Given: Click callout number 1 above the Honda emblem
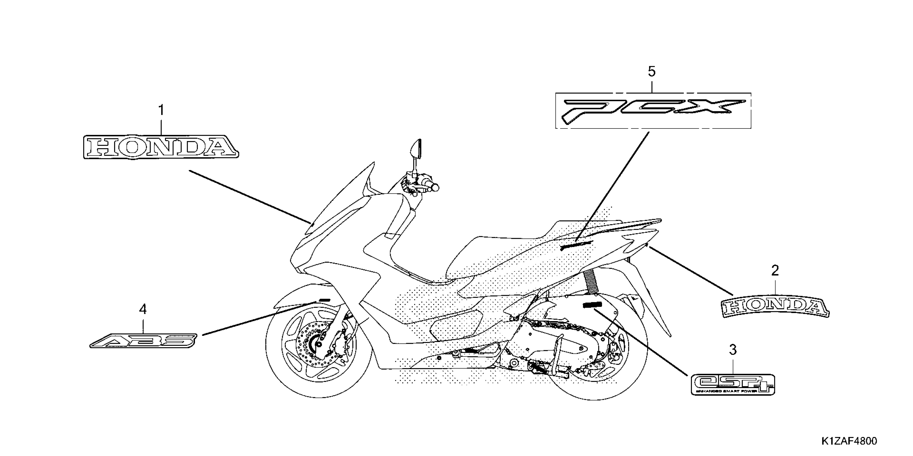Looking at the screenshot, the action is point(161,111).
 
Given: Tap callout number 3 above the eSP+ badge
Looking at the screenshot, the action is point(733,350).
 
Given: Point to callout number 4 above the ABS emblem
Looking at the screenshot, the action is point(143,310).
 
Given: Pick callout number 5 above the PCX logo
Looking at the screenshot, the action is point(651,72).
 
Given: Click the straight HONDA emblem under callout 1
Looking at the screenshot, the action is point(161,147).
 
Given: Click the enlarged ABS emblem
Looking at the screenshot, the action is point(143,341).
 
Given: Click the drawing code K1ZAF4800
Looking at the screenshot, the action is point(849,441).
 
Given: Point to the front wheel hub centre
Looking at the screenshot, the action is point(314,343).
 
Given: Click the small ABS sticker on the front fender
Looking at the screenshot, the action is point(324,300).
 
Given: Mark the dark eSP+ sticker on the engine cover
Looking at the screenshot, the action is point(593,305).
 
